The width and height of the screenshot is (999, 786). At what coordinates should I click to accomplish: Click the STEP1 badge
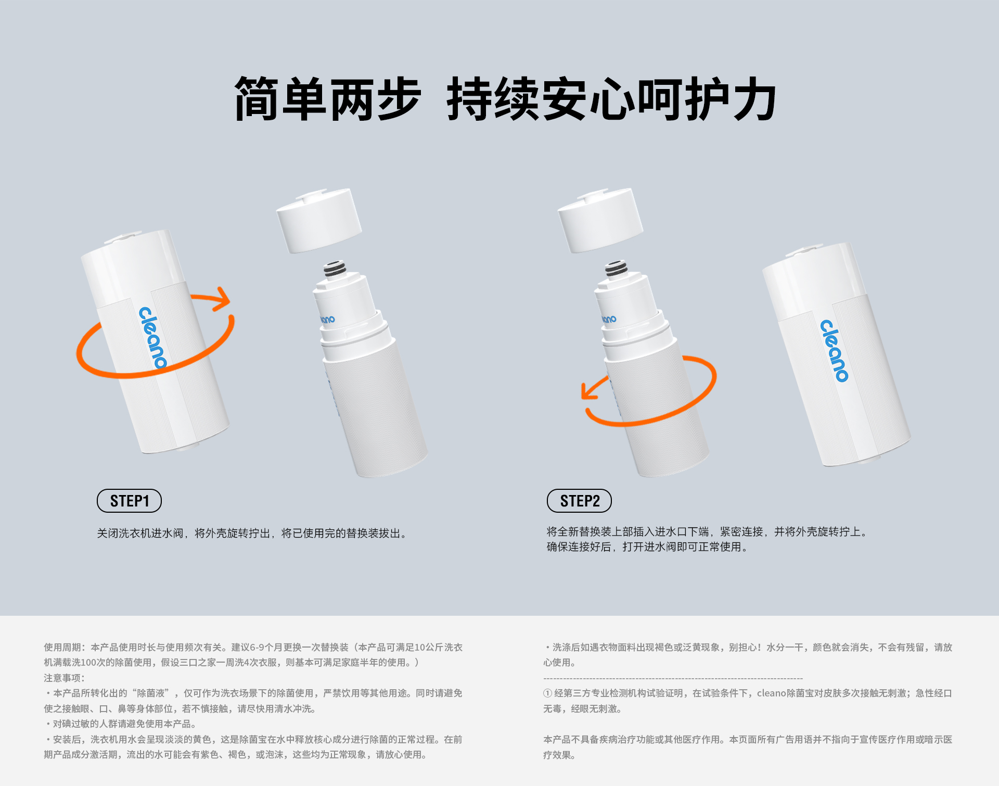point(129,501)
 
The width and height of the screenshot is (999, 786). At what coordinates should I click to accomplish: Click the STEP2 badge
point(579,501)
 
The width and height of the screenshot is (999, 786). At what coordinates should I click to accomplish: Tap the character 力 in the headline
point(754,99)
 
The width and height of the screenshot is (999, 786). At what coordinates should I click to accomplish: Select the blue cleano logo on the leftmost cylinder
point(152,337)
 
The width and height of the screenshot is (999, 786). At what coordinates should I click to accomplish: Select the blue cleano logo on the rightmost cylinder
point(834,350)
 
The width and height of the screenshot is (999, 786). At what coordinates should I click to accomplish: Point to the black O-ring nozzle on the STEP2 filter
point(616,269)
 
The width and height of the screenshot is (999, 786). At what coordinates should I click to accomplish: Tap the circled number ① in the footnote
point(547,693)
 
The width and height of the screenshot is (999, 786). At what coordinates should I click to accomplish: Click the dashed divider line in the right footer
point(672,678)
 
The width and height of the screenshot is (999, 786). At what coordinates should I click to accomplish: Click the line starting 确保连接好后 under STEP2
point(647,547)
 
